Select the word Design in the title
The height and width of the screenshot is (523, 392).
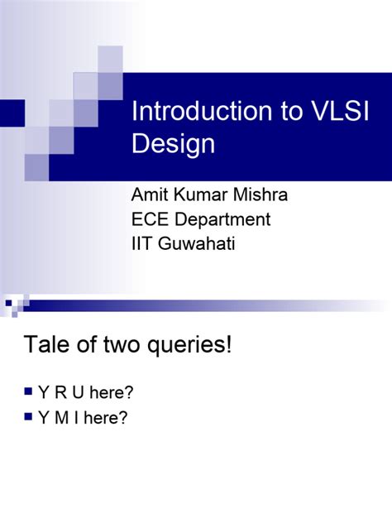(x=173, y=144)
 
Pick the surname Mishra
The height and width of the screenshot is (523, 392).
(x=264, y=196)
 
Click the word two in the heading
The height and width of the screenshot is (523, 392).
(x=117, y=345)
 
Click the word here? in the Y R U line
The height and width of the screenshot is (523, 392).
(x=112, y=391)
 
